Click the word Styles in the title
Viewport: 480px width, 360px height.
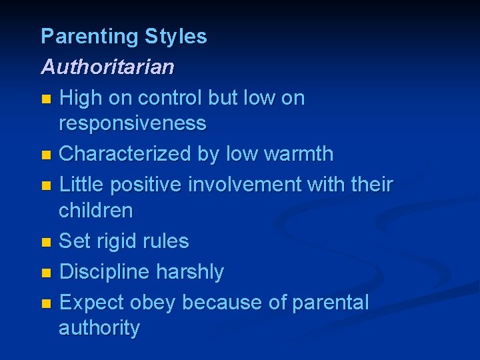[x=176, y=37]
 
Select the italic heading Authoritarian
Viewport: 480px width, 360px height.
[x=107, y=67]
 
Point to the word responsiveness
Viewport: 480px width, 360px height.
[x=133, y=123]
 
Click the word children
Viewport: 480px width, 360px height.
[x=96, y=211]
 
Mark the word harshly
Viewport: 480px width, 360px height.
[x=190, y=272]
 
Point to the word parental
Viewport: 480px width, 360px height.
[x=331, y=303]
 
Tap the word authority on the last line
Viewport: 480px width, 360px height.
[x=99, y=328]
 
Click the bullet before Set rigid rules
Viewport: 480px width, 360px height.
[x=45, y=242]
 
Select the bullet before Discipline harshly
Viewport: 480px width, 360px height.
[x=45, y=273]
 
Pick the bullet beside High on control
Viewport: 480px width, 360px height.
[x=45, y=99]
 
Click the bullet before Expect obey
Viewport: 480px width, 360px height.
[x=45, y=303]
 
